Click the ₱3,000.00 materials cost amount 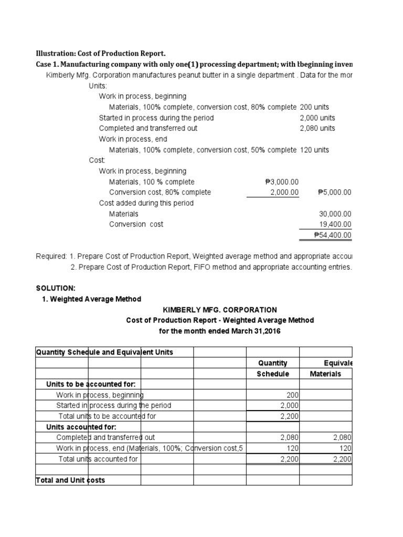(x=282, y=182)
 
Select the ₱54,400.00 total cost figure (x=332, y=234)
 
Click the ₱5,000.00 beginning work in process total (x=334, y=192)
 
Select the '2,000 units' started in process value (x=317, y=118)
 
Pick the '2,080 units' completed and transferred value (x=317, y=128)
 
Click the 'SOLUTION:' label (x=56, y=288)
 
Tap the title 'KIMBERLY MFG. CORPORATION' (x=220, y=310)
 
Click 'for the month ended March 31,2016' (x=220, y=331)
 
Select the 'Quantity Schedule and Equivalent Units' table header (x=104, y=352)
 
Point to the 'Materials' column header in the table (x=325, y=374)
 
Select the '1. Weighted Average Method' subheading (x=91, y=299)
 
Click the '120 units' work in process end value (x=314, y=150)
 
